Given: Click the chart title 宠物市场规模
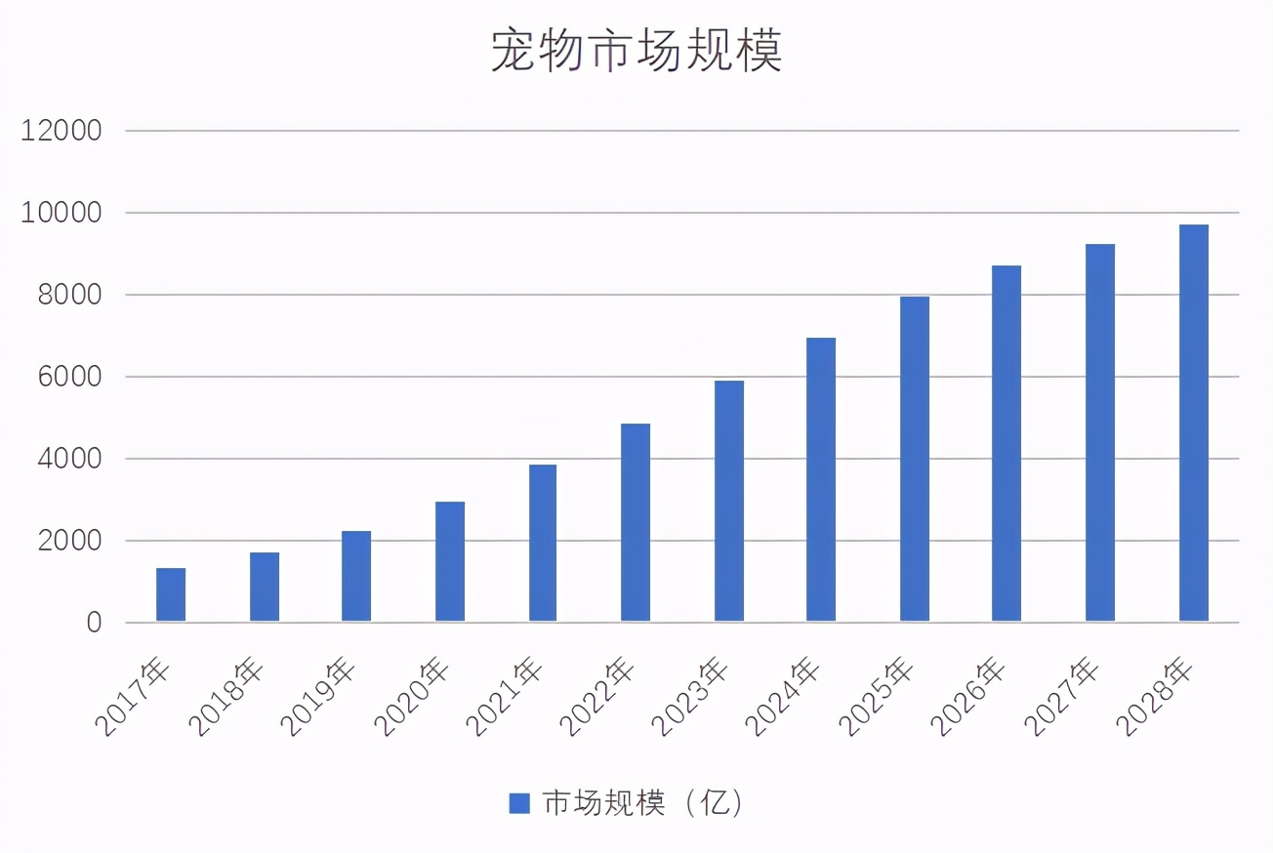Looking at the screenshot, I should point(636,52).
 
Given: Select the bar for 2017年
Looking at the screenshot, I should point(171,594).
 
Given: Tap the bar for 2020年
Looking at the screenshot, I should point(450,561).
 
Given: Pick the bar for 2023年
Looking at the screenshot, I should point(729,501).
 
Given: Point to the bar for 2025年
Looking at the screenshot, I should point(915,459).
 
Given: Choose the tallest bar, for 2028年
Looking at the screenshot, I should point(1194,423).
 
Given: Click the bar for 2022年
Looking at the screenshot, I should point(636,522).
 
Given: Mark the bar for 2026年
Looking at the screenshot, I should point(1006,443).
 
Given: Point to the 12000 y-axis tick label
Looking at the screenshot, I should point(62,131).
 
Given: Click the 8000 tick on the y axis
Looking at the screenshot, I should point(68,295).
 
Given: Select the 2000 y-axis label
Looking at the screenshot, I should point(68,541).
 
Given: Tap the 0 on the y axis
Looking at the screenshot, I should point(94,623).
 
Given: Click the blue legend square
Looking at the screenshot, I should point(519,803).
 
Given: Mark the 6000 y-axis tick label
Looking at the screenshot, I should point(68,377).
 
